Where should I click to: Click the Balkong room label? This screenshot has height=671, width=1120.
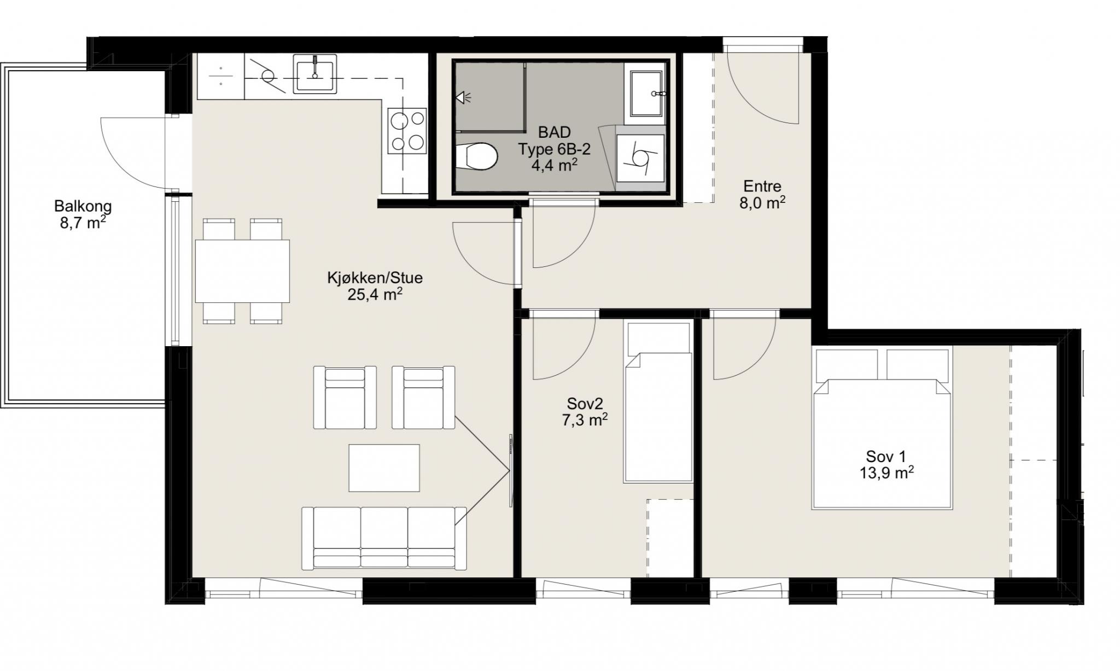pyautogui.click(x=83, y=207)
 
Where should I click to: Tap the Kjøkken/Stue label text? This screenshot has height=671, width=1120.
pyautogui.click(x=375, y=278)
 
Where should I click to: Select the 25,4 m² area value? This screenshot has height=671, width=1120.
pyautogui.click(x=375, y=295)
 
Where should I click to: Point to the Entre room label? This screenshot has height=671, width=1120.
pyautogui.click(x=762, y=186)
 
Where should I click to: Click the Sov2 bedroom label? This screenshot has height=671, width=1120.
pyautogui.click(x=585, y=404)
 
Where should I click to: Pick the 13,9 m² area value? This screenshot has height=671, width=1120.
pyautogui.click(x=886, y=473)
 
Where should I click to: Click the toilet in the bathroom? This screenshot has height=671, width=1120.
pyautogui.click(x=476, y=156)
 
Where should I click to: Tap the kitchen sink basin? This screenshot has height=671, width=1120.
pyautogui.click(x=315, y=74)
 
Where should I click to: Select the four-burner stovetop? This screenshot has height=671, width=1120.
pyautogui.click(x=407, y=130)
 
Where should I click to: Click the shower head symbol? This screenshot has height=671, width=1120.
pyautogui.click(x=463, y=98)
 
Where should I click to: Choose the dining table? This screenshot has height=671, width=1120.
pyautogui.click(x=243, y=271)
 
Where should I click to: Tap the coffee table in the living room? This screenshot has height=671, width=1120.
pyautogui.click(x=384, y=468)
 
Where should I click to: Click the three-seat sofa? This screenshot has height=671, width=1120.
pyautogui.click(x=384, y=538)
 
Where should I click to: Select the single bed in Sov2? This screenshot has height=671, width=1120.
pyautogui.click(x=658, y=402)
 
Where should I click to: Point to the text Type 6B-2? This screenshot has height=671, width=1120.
pyautogui.click(x=555, y=149)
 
